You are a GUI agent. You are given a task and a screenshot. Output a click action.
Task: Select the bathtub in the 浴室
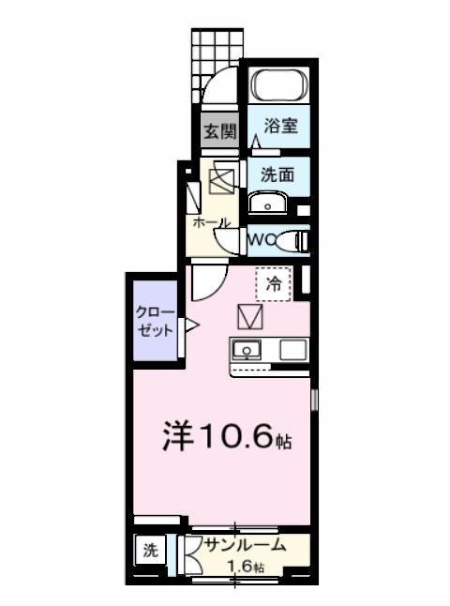coord(278,86)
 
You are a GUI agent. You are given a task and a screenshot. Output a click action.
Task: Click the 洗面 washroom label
coord(277,174)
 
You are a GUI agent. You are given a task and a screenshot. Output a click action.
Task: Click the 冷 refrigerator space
coord(274,280)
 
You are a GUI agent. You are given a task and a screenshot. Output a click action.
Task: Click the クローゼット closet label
coord(155,321)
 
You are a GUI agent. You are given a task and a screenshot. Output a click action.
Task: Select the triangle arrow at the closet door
coord(190,326)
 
